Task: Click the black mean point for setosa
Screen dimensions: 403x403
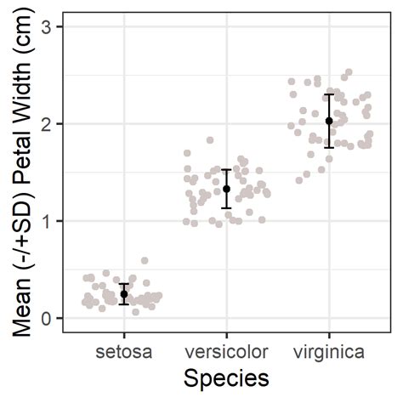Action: tap(124, 294)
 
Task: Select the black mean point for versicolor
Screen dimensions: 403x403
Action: tap(226, 189)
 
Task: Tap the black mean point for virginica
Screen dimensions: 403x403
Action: tap(329, 121)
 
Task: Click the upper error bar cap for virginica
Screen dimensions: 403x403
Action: tap(329, 94)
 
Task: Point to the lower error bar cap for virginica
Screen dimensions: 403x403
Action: tap(329, 147)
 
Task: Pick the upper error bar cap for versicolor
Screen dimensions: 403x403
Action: tap(226, 170)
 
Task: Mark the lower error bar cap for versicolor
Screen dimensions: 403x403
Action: tap(226, 207)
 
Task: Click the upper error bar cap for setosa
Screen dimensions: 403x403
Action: tap(124, 284)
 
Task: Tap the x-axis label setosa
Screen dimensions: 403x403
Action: tap(124, 351)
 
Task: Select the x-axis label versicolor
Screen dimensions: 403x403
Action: tap(226, 351)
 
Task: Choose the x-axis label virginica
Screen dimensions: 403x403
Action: tap(329, 351)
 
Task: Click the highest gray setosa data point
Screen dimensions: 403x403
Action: tap(145, 261)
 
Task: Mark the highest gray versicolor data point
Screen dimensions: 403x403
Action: tap(210, 140)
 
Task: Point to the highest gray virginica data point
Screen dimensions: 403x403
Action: tap(349, 72)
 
